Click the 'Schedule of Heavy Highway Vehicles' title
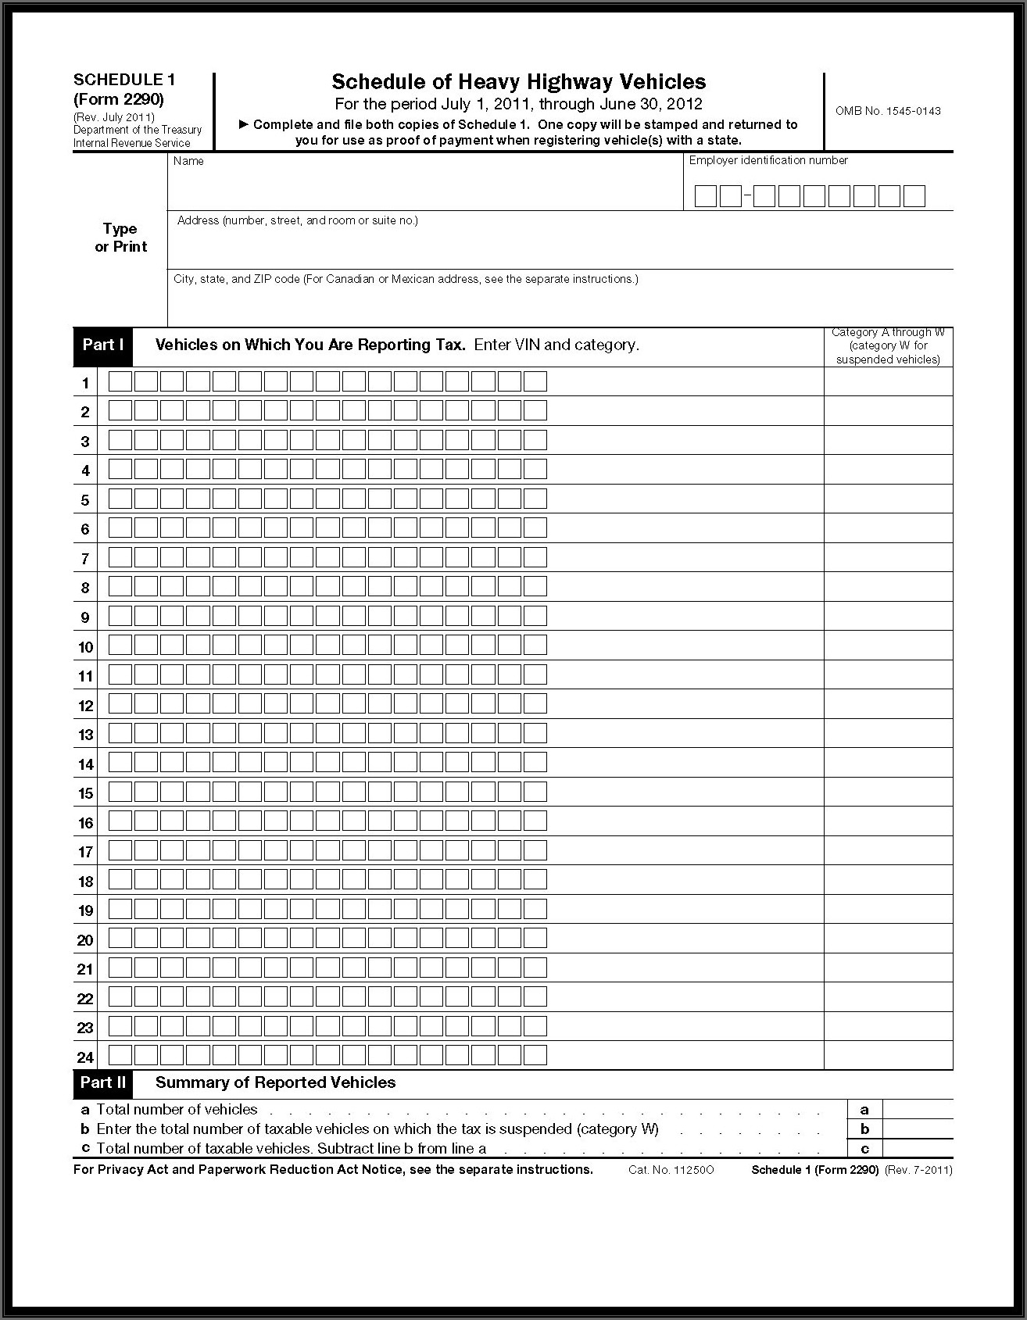click(518, 82)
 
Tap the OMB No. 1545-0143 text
click(887, 111)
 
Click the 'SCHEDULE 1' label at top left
click(124, 80)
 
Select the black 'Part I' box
click(103, 345)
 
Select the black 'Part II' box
click(103, 1082)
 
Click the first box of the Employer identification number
click(705, 196)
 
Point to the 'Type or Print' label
click(120, 238)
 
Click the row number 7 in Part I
click(85, 559)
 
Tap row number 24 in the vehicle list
click(85, 1057)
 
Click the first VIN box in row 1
click(120, 381)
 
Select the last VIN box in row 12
click(535, 704)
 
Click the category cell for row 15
click(888, 792)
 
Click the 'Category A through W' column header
click(888, 346)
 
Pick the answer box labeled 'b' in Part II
click(918, 1129)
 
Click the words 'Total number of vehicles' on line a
click(177, 1109)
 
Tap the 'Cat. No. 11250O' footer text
click(671, 1170)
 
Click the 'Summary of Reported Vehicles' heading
click(275, 1082)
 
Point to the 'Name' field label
click(188, 161)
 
